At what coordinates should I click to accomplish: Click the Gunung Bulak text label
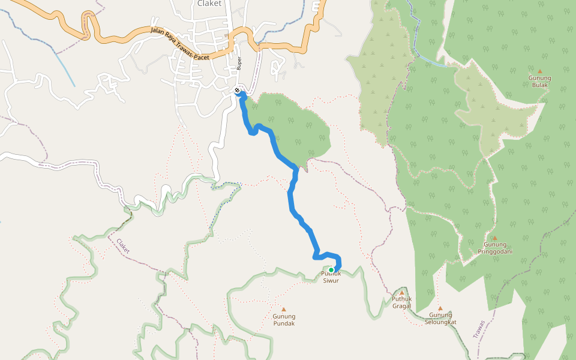pyautogui.click(x=539, y=81)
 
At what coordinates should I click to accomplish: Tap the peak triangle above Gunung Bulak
pyautogui.click(x=539, y=71)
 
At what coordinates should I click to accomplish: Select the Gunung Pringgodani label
pyautogui.click(x=495, y=248)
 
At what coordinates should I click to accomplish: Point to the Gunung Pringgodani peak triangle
pyautogui.click(x=494, y=238)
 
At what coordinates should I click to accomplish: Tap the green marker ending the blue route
pyautogui.click(x=331, y=270)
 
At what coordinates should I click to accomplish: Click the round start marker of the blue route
pyautogui.click(x=238, y=91)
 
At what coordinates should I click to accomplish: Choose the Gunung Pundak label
pyautogui.click(x=284, y=320)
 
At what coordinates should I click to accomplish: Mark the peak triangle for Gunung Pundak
pyautogui.click(x=284, y=310)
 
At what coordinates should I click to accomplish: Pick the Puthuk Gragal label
pyautogui.click(x=401, y=302)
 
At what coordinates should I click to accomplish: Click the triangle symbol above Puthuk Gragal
pyautogui.click(x=401, y=293)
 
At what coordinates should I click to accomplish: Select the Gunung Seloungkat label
pyautogui.click(x=440, y=318)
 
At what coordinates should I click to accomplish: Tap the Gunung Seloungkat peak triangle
pyautogui.click(x=440, y=308)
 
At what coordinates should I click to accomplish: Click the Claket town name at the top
pyautogui.click(x=209, y=4)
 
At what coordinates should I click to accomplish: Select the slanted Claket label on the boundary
pyautogui.click(x=122, y=247)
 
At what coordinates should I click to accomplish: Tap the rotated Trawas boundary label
pyautogui.click(x=478, y=328)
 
